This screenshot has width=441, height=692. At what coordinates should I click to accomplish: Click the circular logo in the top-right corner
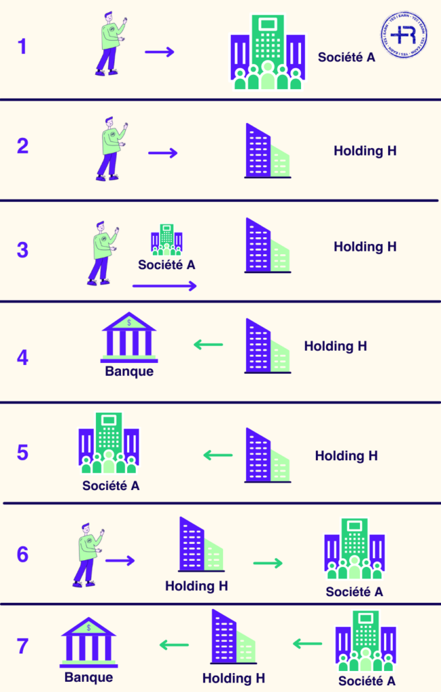(404, 36)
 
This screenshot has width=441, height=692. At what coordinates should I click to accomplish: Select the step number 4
(22, 357)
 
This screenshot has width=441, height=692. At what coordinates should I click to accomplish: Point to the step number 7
(22, 646)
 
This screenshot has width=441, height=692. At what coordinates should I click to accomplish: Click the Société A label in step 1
(346, 57)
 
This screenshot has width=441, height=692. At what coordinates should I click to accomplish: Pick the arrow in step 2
(162, 153)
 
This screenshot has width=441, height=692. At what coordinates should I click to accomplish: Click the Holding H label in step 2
(365, 151)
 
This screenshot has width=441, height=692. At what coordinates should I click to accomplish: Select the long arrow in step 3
(164, 286)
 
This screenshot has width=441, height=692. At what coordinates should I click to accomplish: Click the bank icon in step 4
(129, 336)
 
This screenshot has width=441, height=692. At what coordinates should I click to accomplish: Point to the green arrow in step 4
(208, 345)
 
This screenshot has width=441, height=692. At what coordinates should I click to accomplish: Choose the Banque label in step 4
(129, 371)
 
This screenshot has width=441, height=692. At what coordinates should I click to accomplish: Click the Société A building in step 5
(109, 443)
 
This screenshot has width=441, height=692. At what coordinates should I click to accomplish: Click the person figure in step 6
(87, 554)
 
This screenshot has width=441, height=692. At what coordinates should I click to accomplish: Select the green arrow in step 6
(268, 563)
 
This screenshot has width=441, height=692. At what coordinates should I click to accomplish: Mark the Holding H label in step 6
(196, 586)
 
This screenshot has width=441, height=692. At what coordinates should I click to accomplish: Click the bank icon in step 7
(89, 641)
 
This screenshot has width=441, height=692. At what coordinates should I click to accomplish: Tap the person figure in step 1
(110, 46)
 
